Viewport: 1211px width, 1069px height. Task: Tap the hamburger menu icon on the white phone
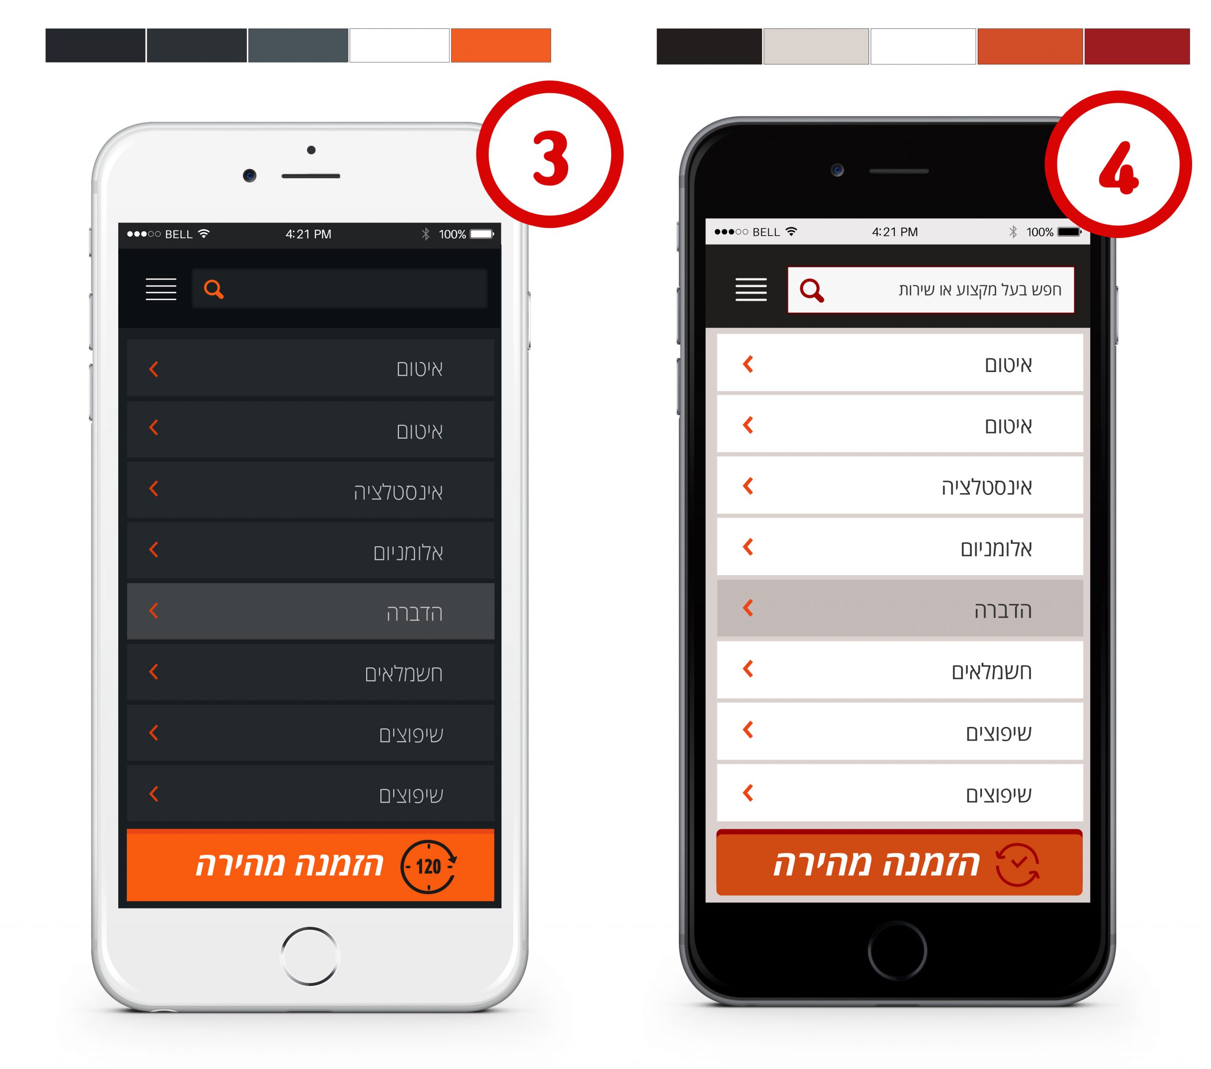(x=161, y=289)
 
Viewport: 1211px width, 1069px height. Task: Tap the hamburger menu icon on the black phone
(x=751, y=289)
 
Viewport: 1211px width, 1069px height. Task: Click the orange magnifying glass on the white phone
(x=214, y=289)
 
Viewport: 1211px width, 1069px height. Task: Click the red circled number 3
(x=550, y=154)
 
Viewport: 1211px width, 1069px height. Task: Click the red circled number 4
(x=1118, y=164)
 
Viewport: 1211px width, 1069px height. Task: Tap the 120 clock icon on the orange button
(x=429, y=866)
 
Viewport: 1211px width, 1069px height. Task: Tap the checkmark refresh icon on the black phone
(x=1017, y=865)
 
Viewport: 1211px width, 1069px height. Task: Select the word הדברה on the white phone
(x=415, y=613)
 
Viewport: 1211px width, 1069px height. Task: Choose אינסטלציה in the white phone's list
(x=398, y=492)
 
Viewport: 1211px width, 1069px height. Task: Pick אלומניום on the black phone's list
(x=996, y=548)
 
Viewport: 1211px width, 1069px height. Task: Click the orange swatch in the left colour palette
(x=500, y=45)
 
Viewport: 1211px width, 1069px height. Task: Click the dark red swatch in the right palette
(x=1137, y=46)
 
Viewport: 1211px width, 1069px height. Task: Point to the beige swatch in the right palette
(x=816, y=46)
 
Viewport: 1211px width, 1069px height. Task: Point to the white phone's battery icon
(x=482, y=234)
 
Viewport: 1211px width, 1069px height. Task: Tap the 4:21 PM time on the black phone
(x=895, y=232)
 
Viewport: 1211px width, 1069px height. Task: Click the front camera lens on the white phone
(x=249, y=176)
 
